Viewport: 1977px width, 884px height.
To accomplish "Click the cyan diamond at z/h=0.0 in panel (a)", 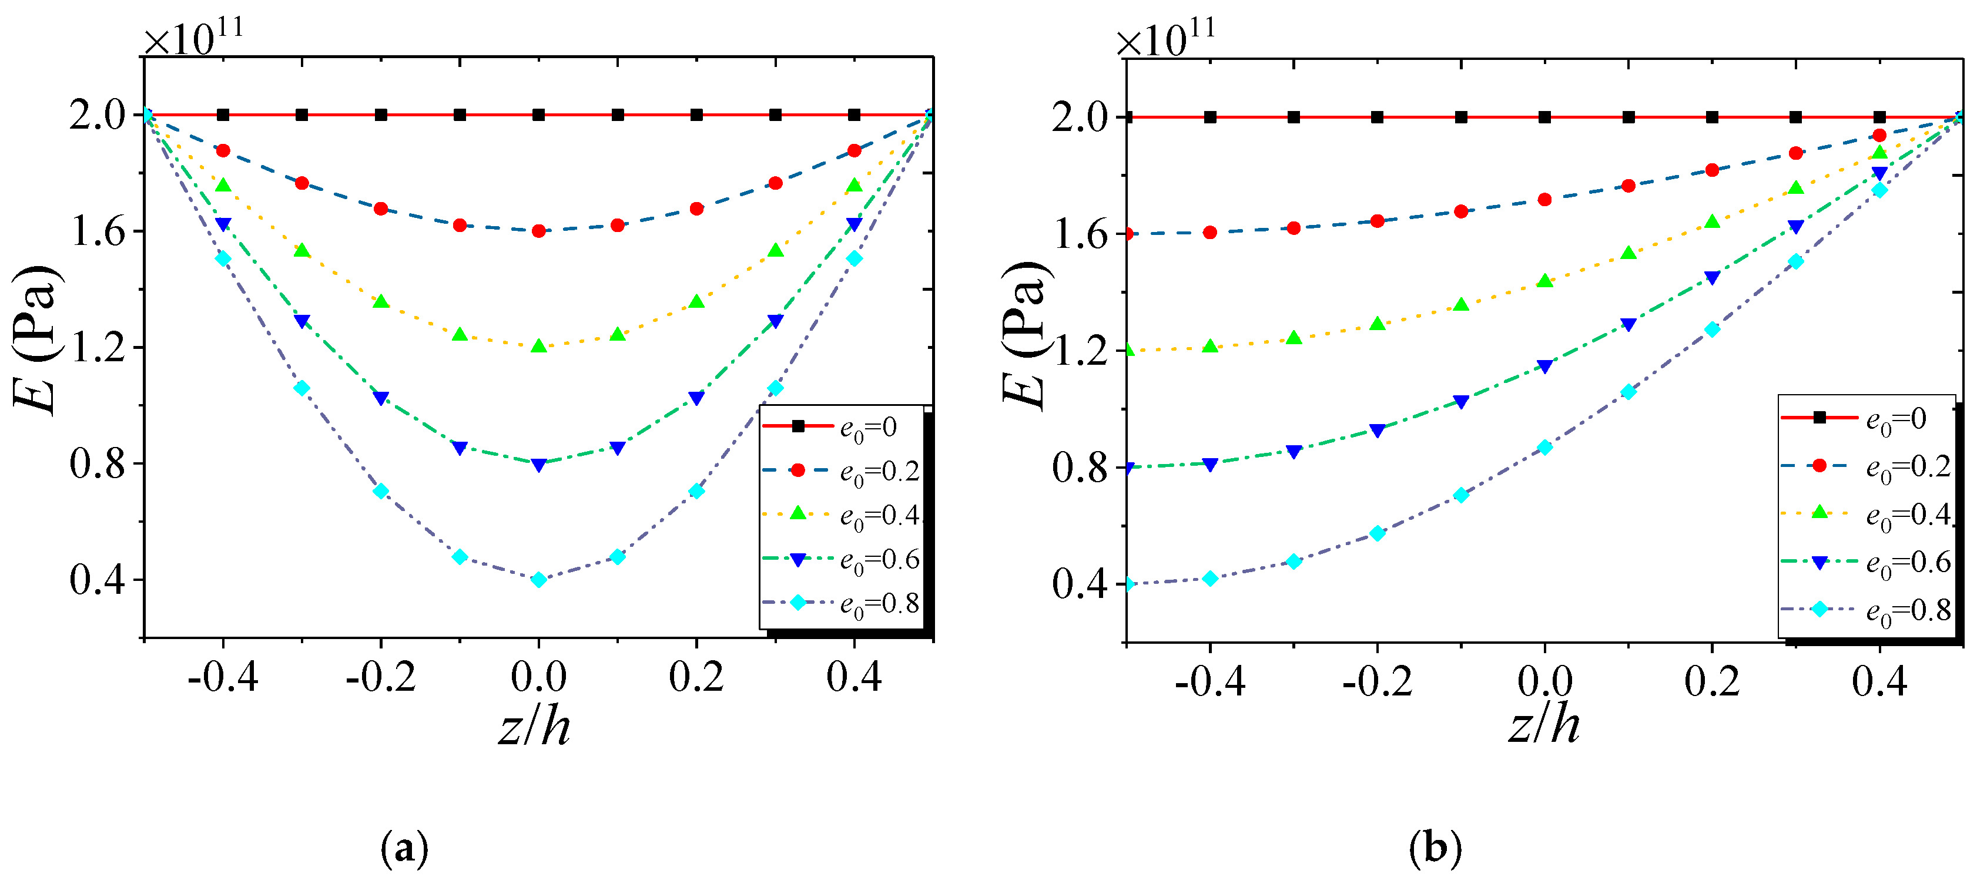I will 539,579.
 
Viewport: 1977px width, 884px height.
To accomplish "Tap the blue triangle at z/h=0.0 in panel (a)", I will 539,464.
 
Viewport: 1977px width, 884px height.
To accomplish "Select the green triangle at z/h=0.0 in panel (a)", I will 539,346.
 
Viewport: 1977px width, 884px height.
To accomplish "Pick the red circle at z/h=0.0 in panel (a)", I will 539,230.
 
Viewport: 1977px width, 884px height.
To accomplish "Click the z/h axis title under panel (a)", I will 535,727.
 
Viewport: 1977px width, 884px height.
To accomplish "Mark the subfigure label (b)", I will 1435,848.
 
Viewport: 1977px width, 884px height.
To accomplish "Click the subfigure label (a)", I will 404,848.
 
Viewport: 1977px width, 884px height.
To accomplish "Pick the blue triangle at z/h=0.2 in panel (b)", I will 1712,278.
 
